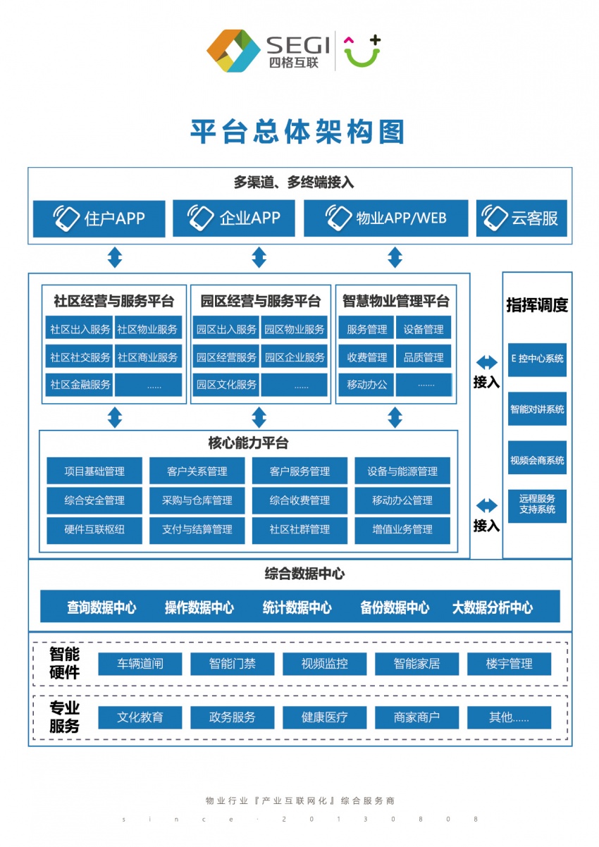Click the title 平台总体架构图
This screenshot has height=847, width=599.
298,132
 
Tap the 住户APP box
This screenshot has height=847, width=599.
99,218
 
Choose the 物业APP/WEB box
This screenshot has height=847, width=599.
386,218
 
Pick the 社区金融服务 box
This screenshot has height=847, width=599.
80,385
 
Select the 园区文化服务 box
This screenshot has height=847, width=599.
226,385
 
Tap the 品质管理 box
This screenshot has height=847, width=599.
424,357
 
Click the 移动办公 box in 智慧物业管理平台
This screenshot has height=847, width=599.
367,385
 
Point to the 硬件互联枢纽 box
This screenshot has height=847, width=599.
94,530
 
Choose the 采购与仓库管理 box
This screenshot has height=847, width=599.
197,501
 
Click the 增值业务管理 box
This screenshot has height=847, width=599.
402,530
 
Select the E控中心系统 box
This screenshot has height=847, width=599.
537,358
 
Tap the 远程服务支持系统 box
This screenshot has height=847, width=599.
537,504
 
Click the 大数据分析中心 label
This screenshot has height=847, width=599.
492,607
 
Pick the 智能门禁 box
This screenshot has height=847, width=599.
233,664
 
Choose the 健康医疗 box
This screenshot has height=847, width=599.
325,718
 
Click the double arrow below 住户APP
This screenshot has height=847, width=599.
115,258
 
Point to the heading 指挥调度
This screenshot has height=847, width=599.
537,305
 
